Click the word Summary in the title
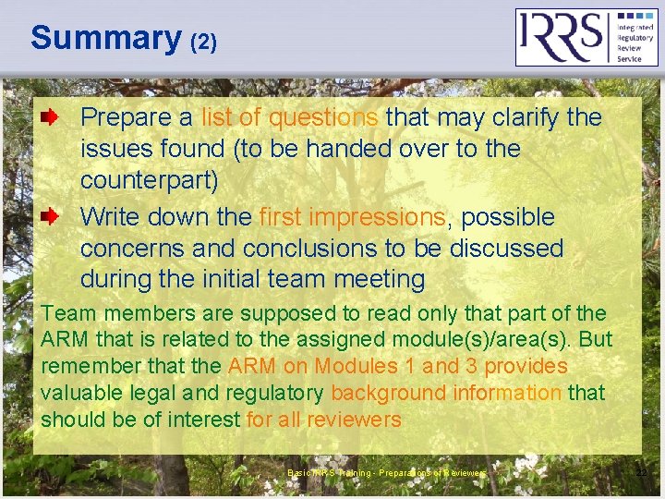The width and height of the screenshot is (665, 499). [x=105, y=38]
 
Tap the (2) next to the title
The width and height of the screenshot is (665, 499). [x=203, y=42]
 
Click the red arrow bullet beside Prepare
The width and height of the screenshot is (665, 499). [x=54, y=117]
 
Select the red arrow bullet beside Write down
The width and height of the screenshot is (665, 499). [x=54, y=217]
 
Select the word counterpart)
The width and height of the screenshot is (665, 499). [x=149, y=179]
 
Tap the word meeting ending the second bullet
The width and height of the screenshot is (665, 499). [x=378, y=279]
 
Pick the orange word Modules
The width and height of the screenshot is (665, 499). [x=353, y=366]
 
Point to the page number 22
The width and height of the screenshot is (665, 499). [x=641, y=473]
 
